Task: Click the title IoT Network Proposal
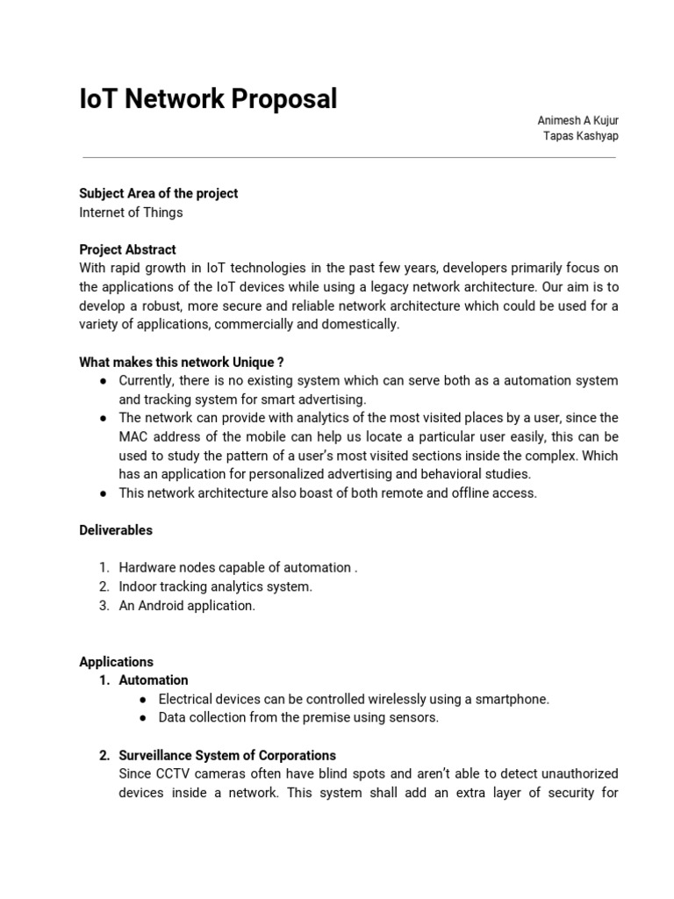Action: click(x=208, y=99)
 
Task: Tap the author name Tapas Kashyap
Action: click(x=581, y=135)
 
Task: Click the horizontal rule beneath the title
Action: click(x=348, y=158)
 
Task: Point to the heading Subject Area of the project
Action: click(x=158, y=193)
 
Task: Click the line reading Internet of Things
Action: click(x=131, y=212)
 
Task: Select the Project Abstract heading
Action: click(x=127, y=249)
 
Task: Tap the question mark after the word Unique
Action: click(x=280, y=362)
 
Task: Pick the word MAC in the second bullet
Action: click(x=134, y=436)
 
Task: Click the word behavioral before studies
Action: click(x=460, y=474)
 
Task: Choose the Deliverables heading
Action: click(x=115, y=530)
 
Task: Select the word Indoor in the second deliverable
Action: click(x=138, y=586)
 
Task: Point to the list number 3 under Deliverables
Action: click(x=103, y=606)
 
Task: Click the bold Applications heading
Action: click(x=116, y=662)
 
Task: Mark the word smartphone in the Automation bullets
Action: click(x=513, y=699)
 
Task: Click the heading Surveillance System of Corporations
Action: click(x=227, y=755)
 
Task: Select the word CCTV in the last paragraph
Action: click(x=170, y=773)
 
